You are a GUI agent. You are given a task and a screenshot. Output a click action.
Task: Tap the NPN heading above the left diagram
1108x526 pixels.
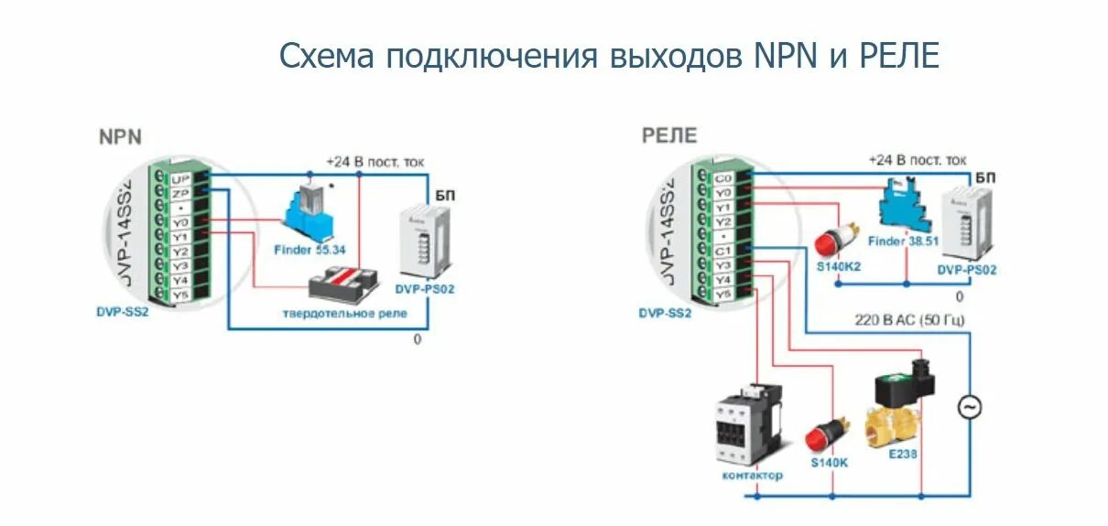(x=120, y=137)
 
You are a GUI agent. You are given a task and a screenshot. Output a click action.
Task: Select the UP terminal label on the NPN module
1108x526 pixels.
(x=180, y=178)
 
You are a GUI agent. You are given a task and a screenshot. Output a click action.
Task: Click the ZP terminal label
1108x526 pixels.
(x=180, y=193)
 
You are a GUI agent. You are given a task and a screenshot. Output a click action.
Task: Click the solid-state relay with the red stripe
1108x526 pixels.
(x=344, y=285)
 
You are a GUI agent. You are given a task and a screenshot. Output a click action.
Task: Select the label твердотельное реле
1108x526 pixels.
(x=345, y=314)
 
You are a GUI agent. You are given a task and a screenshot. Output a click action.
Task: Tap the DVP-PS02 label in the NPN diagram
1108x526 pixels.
(x=425, y=289)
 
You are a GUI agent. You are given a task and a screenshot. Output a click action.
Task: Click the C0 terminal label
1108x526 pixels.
(x=723, y=178)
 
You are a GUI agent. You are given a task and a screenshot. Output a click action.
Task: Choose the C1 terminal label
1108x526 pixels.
(x=723, y=251)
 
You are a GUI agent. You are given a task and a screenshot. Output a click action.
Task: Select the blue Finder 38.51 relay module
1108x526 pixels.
(x=901, y=209)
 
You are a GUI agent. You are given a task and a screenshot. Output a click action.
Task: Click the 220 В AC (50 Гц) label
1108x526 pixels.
(x=910, y=319)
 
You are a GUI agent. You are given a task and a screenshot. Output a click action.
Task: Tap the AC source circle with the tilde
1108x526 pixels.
(x=970, y=407)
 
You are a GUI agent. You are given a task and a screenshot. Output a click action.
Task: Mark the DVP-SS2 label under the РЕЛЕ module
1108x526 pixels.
(x=665, y=313)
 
